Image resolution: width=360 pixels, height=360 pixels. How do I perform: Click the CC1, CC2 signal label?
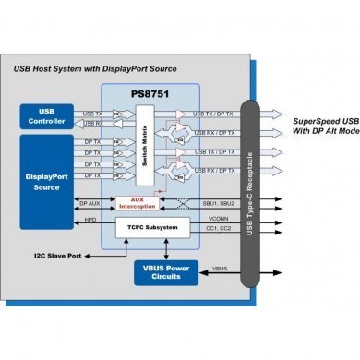pos(216,227)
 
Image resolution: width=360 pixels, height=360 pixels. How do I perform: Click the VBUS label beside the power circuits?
pos(221,270)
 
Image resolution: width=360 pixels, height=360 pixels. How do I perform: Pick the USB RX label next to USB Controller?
pos(93,123)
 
